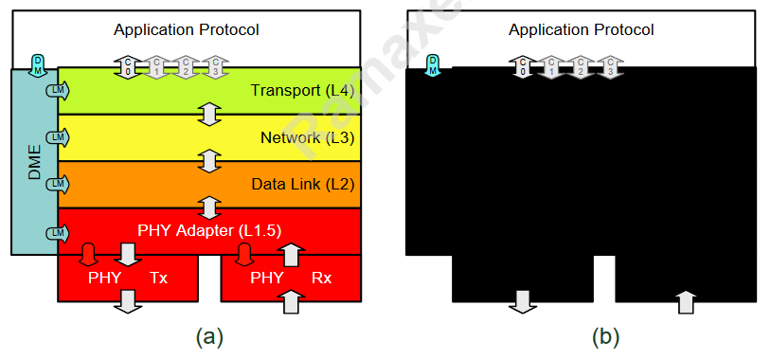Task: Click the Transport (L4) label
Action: click(302, 91)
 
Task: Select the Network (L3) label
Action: click(307, 138)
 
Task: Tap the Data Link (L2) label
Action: click(303, 184)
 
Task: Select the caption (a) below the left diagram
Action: click(208, 336)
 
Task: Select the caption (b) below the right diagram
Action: click(605, 336)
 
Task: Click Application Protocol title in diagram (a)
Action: click(187, 29)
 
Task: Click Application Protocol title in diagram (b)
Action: click(581, 29)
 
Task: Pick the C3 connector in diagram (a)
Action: click(216, 66)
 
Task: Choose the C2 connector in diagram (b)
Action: click(582, 66)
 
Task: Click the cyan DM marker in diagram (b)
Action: click(433, 64)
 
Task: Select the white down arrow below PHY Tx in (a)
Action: click(128, 302)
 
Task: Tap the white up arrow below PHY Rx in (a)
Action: click(292, 302)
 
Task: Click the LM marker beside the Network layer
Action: click(57, 137)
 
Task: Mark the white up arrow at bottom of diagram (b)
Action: click(687, 302)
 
